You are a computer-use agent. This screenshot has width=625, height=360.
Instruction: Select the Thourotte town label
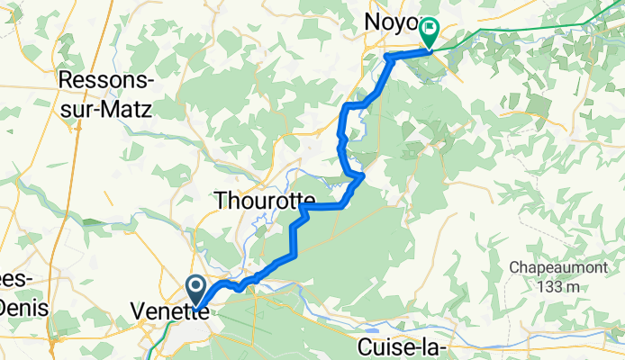(x=264, y=202)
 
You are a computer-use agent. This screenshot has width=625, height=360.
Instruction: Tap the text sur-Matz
(x=105, y=107)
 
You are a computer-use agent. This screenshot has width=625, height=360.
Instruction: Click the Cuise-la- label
(x=403, y=346)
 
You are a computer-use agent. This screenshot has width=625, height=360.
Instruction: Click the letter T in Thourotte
(x=221, y=202)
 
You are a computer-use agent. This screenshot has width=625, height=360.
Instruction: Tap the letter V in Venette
(x=138, y=311)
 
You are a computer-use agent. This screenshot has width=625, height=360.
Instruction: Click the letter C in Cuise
(x=364, y=346)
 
